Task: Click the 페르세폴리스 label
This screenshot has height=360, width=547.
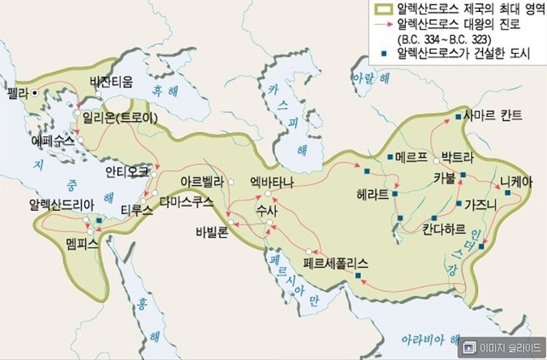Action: [336, 262]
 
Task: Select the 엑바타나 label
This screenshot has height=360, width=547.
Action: [272, 182]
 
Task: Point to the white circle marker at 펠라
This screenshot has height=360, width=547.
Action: [35, 92]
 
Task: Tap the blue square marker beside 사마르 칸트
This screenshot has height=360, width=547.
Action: [458, 117]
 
